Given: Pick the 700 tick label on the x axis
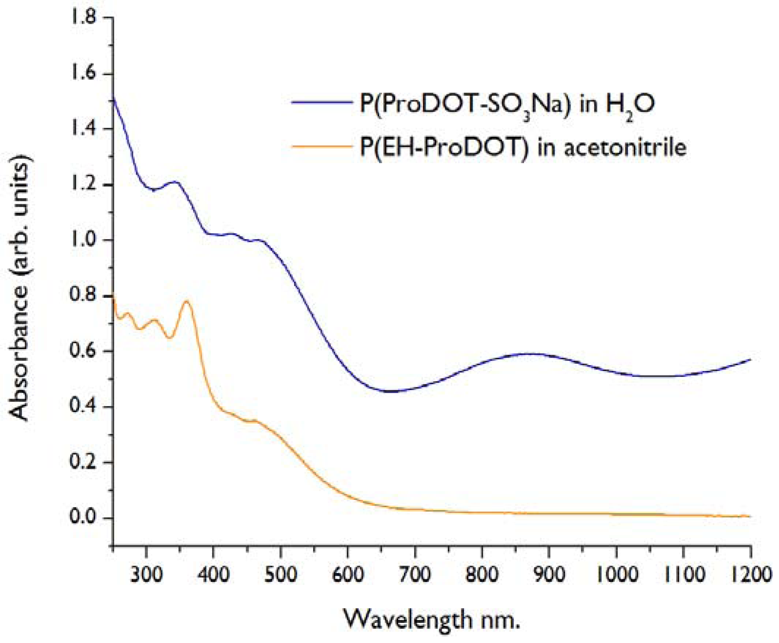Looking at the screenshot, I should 415,575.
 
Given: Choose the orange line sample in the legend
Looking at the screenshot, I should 321,147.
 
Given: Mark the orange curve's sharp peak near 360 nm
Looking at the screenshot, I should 187,301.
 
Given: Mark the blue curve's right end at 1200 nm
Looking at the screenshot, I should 750,359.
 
